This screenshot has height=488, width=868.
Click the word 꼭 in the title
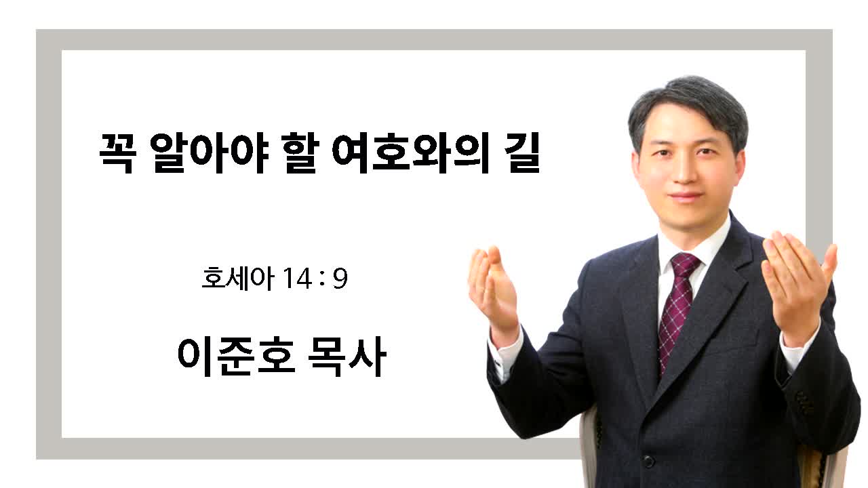click(117, 153)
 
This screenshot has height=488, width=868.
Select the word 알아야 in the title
click(210, 153)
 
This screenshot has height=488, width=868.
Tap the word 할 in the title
click(300, 153)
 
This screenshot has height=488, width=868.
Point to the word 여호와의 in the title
click(411, 153)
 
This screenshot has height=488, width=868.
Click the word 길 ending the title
click(522, 153)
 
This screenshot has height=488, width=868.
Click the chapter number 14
click(298, 279)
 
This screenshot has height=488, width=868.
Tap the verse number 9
click(340, 279)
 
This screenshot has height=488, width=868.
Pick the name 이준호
click(236, 357)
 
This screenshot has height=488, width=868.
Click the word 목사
click(347, 357)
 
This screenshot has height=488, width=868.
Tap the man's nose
click(685, 170)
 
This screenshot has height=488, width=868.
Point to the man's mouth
click(686, 196)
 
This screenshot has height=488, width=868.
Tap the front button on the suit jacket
click(648, 461)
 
